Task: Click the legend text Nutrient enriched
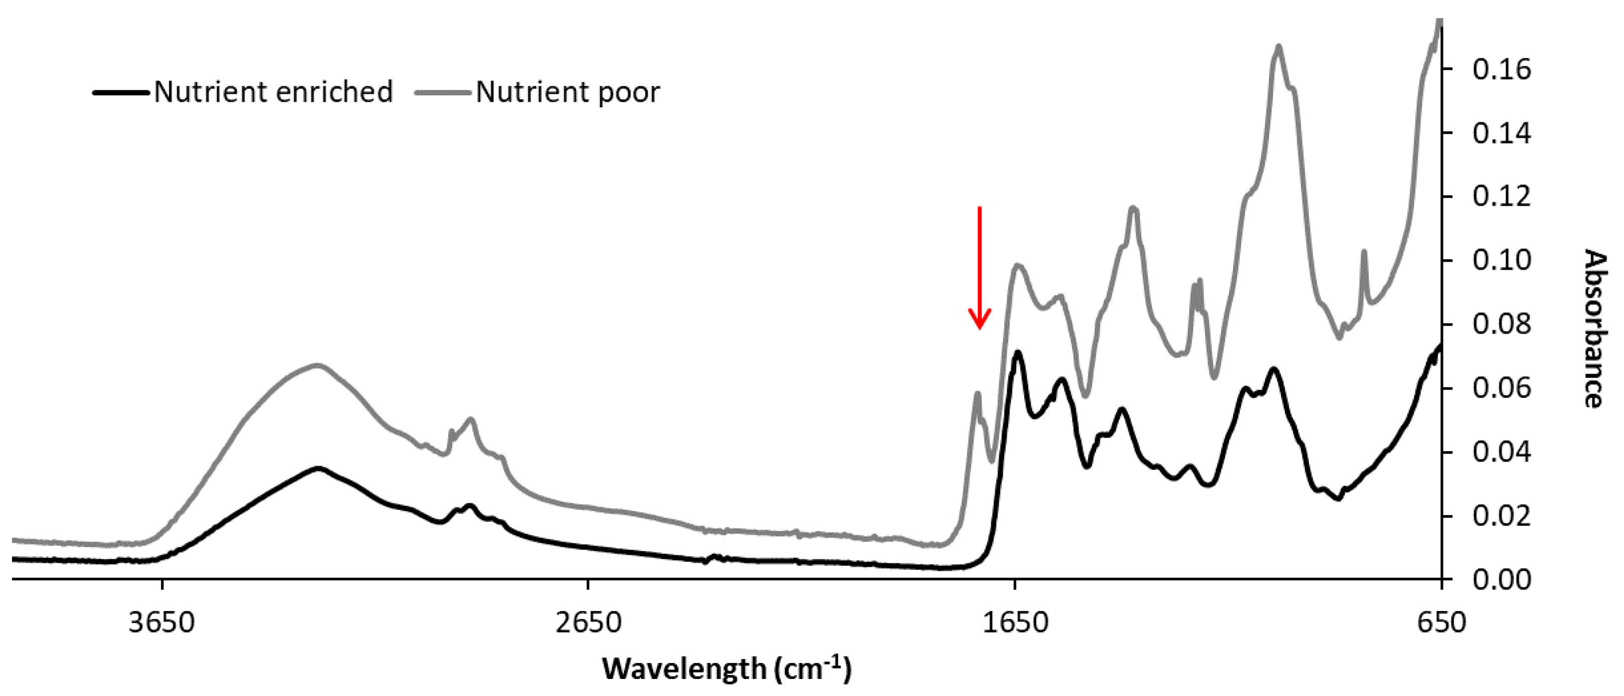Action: click(x=273, y=92)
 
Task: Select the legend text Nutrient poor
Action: click(x=567, y=92)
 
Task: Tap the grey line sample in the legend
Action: click(x=443, y=93)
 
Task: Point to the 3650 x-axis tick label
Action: click(x=162, y=622)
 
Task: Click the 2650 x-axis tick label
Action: click(x=588, y=622)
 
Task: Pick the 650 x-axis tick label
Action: click(x=1441, y=622)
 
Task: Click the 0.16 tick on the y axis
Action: click(x=1501, y=69)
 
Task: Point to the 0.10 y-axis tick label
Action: click(x=1501, y=261)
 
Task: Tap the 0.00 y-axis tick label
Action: click(x=1501, y=579)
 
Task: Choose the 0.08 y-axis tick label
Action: click(x=1501, y=325)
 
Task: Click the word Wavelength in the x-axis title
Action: click(x=684, y=669)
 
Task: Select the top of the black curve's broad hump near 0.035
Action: click(x=319, y=468)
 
